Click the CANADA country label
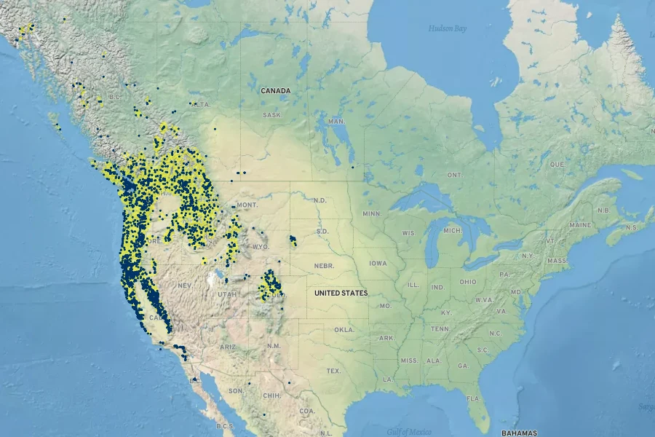click(276, 91)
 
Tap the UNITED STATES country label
click(341, 293)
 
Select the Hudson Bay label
click(447, 28)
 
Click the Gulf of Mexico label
click(410, 431)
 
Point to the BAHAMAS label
click(519, 433)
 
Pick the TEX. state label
click(333, 371)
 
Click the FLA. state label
click(474, 398)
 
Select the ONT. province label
click(454, 175)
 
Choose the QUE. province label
click(557, 165)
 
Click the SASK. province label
click(272, 115)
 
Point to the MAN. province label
click(336, 121)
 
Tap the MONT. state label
click(247, 205)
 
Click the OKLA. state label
click(344, 330)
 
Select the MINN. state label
click(372, 213)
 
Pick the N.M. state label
click(274, 345)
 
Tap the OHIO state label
click(468, 282)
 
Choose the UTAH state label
click(227, 294)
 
